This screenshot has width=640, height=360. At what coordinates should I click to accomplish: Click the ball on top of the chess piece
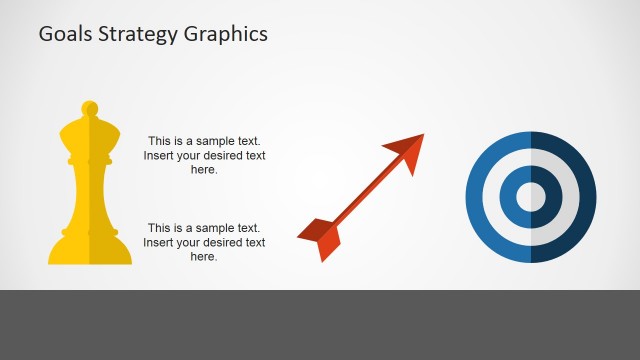click(90, 106)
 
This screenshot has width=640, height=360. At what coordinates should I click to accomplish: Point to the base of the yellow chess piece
click(90, 251)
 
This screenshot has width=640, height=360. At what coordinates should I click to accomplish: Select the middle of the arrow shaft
click(362, 194)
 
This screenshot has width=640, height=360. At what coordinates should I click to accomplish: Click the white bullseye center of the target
click(531, 197)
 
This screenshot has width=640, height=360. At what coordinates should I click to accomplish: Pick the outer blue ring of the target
click(477, 197)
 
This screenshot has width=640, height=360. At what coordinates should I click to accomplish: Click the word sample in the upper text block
click(214, 141)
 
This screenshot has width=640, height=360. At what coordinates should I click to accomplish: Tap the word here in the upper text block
click(204, 170)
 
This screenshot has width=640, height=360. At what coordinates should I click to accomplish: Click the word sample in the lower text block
click(214, 228)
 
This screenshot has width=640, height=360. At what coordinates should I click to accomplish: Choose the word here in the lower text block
click(204, 257)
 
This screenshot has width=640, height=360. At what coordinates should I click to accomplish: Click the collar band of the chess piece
click(90, 162)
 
